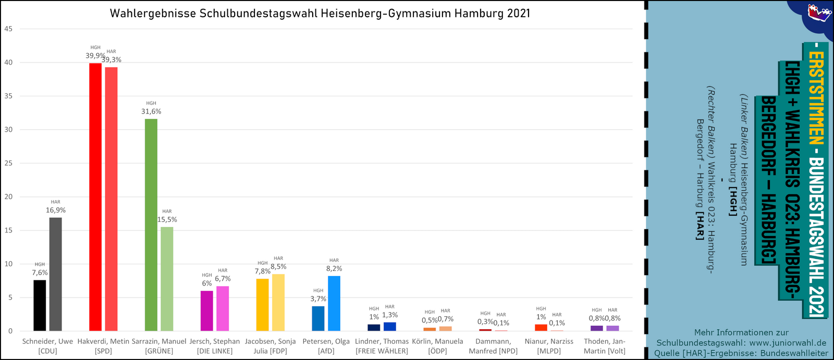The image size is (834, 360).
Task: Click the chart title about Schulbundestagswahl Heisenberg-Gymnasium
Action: point(320,14)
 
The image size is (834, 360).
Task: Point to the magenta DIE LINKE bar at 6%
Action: point(207,311)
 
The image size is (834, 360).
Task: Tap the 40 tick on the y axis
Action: point(8,63)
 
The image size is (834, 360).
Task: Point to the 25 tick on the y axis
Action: point(8,163)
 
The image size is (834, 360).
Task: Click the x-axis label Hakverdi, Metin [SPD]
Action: point(103,346)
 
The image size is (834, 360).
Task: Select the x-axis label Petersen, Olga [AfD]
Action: point(326,346)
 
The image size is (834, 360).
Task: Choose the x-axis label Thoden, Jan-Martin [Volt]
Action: point(605,346)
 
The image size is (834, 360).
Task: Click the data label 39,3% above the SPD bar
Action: point(112,60)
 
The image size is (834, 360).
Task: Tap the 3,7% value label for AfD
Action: point(318,299)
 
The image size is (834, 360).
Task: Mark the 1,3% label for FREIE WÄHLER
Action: point(390,315)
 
